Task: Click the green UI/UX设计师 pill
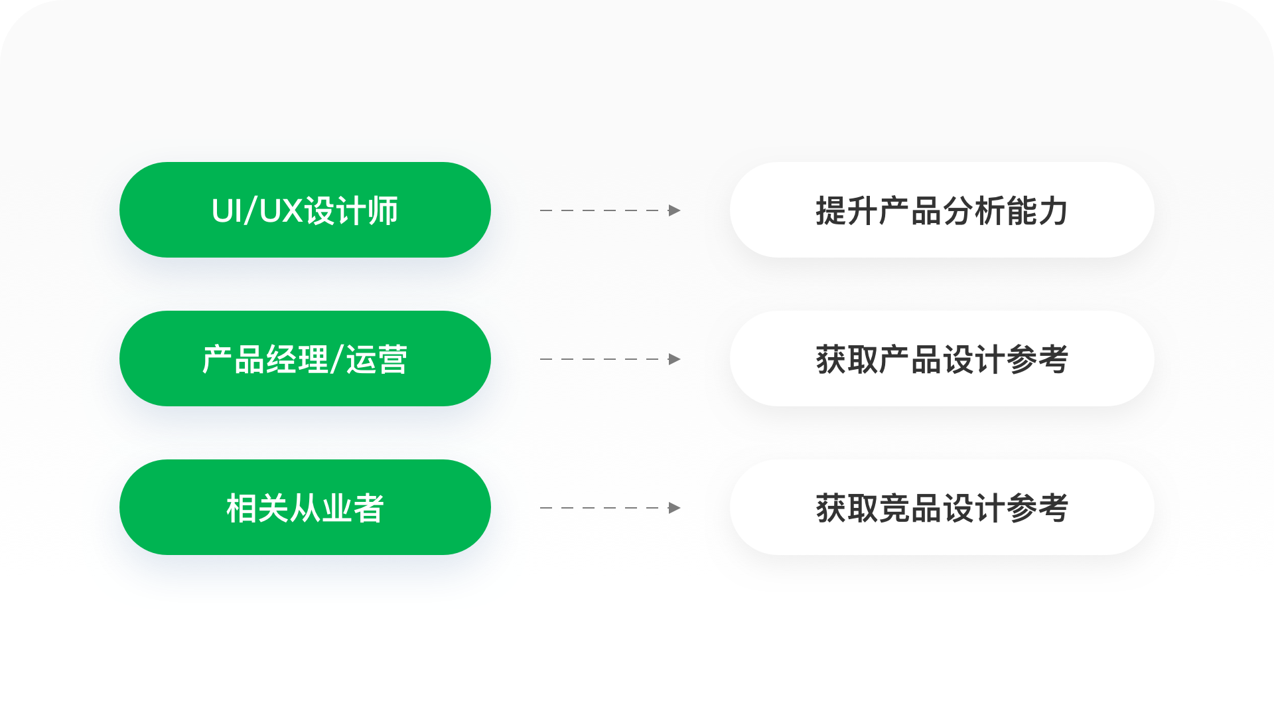(x=305, y=210)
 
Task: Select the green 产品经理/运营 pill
(x=305, y=358)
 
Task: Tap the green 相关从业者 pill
(x=305, y=507)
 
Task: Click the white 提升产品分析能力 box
(x=942, y=210)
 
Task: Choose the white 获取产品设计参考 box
(x=942, y=358)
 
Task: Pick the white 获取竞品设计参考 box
(x=942, y=507)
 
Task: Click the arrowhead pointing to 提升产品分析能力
(x=674, y=210)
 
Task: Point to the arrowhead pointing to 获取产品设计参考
(x=674, y=359)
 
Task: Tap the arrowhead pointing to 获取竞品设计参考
(x=674, y=508)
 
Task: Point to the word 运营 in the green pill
(x=376, y=360)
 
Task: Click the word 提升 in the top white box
(x=847, y=211)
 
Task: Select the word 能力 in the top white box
(x=1037, y=211)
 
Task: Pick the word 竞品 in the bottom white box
(x=910, y=509)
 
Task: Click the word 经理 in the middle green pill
(x=297, y=360)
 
